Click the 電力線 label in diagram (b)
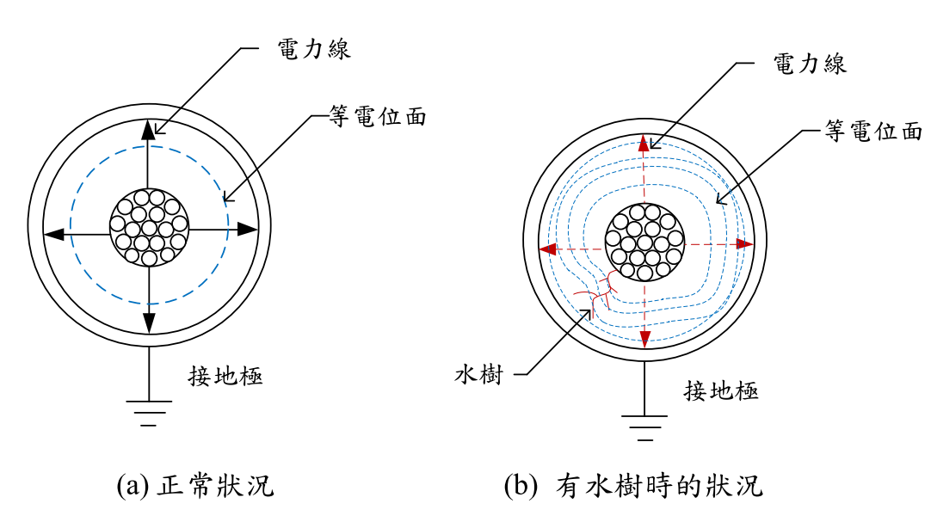click(x=811, y=64)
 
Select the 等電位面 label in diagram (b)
click(x=873, y=131)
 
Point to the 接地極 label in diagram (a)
click(x=225, y=376)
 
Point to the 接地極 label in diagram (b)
click(x=721, y=391)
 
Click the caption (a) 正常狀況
click(x=195, y=486)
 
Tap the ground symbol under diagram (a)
click(x=150, y=410)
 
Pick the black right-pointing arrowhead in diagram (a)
click(x=248, y=230)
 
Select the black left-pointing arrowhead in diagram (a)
click(x=52, y=232)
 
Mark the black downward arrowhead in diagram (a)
click(x=150, y=322)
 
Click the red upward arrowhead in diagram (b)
click(x=644, y=144)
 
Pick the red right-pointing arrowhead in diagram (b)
click(x=744, y=244)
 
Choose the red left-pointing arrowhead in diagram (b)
click(x=546, y=249)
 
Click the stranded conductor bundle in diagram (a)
click(x=150, y=227)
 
